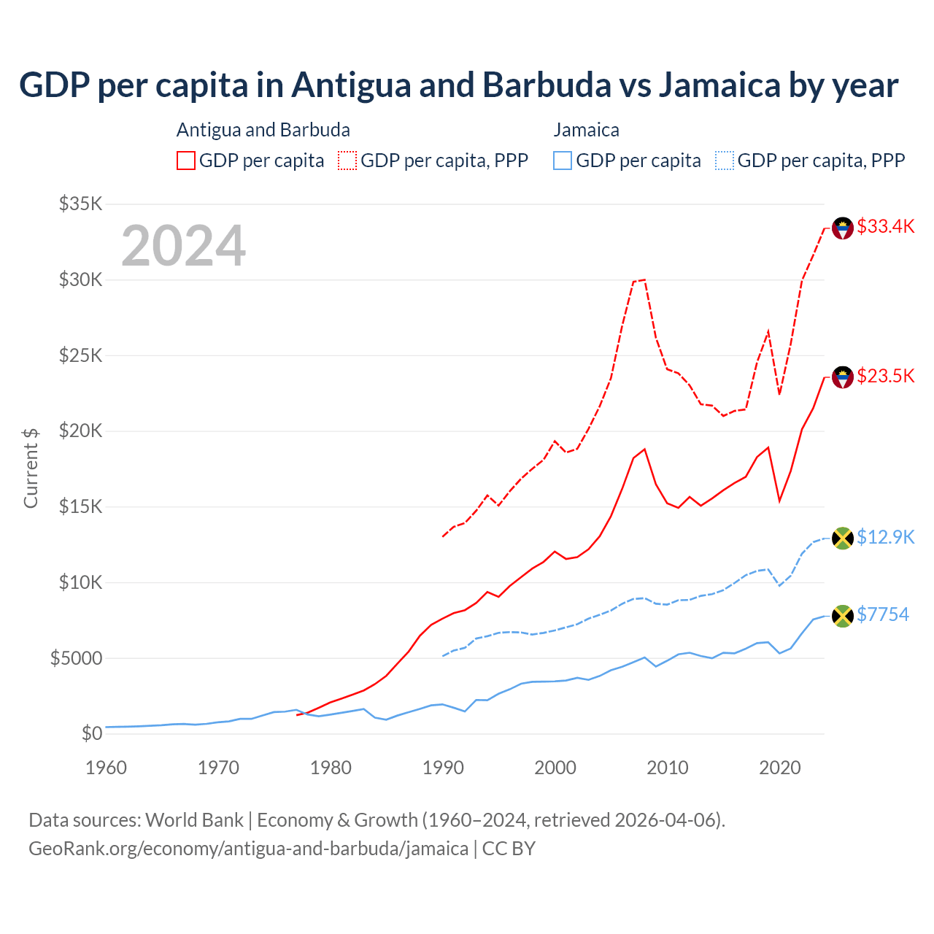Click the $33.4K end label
tap(885, 226)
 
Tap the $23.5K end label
tap(885, 376)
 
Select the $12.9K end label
tap(885, 537)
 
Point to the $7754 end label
tap(882, 614)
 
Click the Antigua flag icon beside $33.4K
tap(843, 228)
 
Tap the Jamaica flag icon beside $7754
tap(843, 616)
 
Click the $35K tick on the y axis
tap(80, 204)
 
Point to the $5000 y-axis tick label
tap(76, 658)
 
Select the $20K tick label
tap(80, 431)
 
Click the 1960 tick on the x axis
tap(107, 768)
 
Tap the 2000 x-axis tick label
tap(555, 768)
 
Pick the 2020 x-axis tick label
tap(780, 768)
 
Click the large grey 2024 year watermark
tap(183, 246)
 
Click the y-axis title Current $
tap(31, 468)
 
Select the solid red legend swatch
tap(186, 161)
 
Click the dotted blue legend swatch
tap(725, 161)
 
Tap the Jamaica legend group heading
tap(586, 130)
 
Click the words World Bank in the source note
tap(194, 820)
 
